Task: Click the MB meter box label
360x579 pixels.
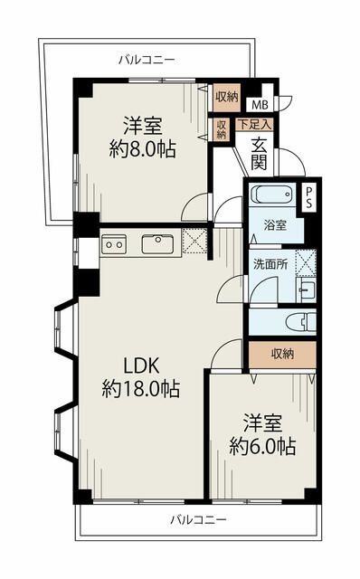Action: point(260,105)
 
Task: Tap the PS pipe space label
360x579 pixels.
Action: point(308,197)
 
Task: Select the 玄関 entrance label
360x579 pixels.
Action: point(260,155)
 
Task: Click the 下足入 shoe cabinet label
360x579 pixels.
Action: point(254,124)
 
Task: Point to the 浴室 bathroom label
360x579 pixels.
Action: point(275,225)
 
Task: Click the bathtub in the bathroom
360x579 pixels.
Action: point(271,194)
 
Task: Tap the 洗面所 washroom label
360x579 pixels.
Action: point(270,264)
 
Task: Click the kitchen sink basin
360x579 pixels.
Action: point(158,243)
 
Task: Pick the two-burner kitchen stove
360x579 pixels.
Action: point(114,244)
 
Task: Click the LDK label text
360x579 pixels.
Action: point(141,365)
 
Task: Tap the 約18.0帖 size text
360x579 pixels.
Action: point(141,388)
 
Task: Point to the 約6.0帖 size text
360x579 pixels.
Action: point(262,446)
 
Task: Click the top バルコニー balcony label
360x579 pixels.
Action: point(147,60)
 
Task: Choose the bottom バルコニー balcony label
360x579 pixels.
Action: point(198,520)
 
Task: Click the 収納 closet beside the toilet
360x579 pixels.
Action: point(282,355)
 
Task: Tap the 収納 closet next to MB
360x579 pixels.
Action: point(227,98)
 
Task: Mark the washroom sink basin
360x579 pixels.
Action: point(306,289)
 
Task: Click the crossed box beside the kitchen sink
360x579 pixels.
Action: point(194,241)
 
